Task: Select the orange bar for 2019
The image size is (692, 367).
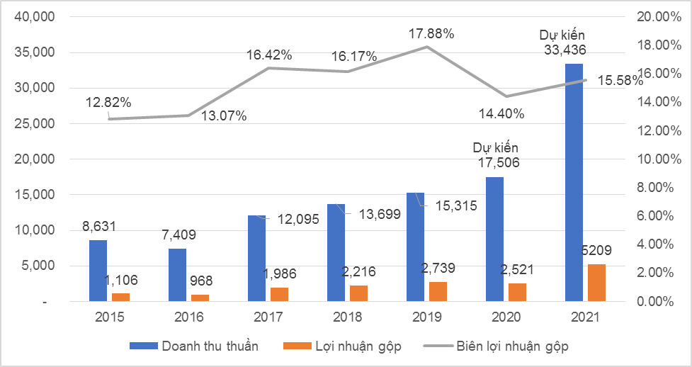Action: (438, 292)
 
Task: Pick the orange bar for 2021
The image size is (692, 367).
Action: (596, 283)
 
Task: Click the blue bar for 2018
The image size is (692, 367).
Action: (336, 253)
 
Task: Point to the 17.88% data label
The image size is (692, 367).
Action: (431, 33)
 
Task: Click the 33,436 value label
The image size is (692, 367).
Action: (565, 50)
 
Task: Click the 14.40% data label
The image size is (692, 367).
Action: (501, 113)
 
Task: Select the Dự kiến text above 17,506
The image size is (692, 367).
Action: (496, 148)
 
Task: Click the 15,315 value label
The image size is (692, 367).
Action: (455, 205)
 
